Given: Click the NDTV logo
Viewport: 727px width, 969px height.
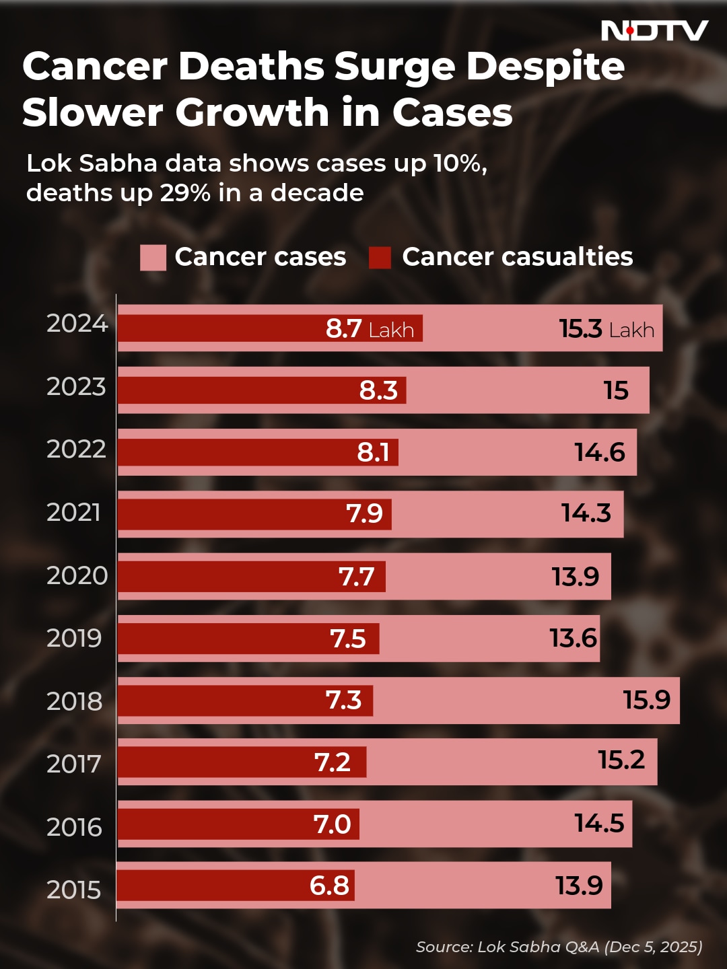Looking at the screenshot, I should [x=654, y=30].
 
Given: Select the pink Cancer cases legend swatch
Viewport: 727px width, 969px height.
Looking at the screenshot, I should [x=153, y=257].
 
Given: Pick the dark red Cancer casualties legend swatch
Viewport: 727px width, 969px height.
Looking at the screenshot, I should [x=380, y=257].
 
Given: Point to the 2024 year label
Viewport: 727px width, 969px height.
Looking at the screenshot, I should [x=77, y=324].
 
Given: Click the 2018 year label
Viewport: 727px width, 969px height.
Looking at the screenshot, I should [x=74, y=701].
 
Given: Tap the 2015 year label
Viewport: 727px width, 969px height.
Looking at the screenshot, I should [x=73, y=890].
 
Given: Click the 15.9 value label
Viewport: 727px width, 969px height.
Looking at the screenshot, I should [x=646, y=700].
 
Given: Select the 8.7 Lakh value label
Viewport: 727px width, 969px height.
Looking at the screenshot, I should [x=370, y=328].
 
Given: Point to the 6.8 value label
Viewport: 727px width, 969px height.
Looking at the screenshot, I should [x=329, y=886].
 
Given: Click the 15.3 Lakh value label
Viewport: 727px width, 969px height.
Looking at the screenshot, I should [x=607, y=329].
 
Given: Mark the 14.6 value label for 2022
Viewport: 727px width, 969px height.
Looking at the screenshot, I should [x=599, y=452].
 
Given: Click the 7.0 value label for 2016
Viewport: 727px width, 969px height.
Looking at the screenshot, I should [x=332, y=824].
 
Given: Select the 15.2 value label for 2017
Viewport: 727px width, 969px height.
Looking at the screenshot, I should [x=621, y=760].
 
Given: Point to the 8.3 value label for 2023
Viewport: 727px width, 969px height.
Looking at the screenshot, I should [x=378, y=390].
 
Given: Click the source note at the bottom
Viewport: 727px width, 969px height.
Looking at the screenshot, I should [x=559, y=947].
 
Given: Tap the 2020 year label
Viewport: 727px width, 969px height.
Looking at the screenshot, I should [x=77, y=575].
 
